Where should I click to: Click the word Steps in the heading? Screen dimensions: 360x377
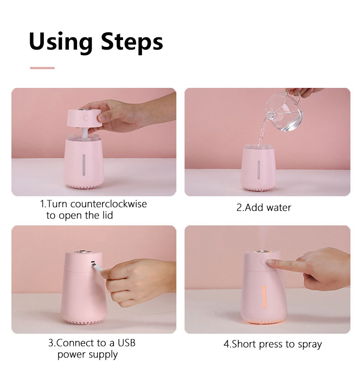[132, 42]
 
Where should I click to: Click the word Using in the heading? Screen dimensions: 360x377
[61, 42]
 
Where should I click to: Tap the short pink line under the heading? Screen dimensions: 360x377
[42, 68]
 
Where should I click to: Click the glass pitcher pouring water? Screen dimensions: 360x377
[284, 111]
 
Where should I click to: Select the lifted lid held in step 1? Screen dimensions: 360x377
[84, 118]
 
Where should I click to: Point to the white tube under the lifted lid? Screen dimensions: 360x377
[84, 132]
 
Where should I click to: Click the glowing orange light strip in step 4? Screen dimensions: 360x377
[264, 297]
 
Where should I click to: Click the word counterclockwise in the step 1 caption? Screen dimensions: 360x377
[108, 204]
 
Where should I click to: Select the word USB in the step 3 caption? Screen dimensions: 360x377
[127, 343]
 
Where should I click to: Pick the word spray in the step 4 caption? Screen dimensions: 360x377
[310, 345]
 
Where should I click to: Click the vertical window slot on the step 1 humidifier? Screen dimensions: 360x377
[84, 165]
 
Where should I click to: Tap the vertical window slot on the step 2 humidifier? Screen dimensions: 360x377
[259, 170]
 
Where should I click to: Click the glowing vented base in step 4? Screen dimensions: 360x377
[263, 321]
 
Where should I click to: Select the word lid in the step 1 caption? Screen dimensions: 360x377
[108, 215]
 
